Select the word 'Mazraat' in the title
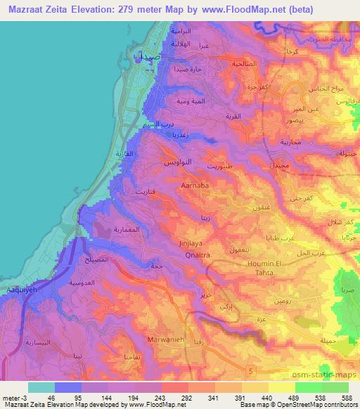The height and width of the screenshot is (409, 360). [x=21, y=9]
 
